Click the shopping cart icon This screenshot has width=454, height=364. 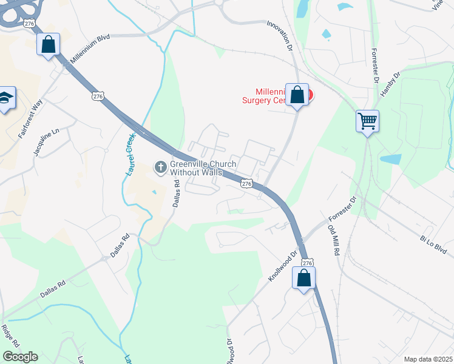(x=367, y=121)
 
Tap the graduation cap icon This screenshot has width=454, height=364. (x=5, y=98)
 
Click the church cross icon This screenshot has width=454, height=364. (x=161, y=166)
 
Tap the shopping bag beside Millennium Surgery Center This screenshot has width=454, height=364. (x=297, y=95)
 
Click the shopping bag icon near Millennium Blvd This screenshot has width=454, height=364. (x=48, y=44)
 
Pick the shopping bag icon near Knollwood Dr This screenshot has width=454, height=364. (x=304, y=278)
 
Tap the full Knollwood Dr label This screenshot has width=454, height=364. (x=283, y=266)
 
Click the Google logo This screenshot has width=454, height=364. (x=20, y=357)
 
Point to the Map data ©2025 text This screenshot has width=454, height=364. (x=428, y=359)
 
